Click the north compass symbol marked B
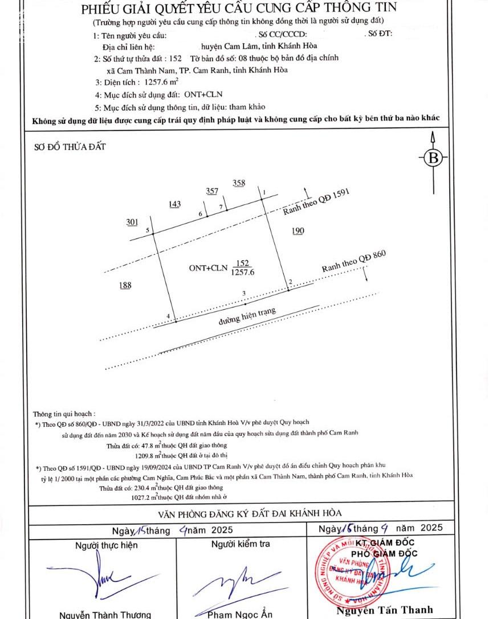433,158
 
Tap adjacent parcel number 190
298,230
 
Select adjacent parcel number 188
125,285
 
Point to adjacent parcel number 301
132,222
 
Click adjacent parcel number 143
174,204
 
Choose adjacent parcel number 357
211,191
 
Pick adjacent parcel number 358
239,183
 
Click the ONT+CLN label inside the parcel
208,267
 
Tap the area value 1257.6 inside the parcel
243,273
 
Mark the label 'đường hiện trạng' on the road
247,317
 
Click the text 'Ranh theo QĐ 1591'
315,201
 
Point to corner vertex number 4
169,315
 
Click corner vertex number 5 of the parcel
148,230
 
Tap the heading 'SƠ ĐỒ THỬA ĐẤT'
70,147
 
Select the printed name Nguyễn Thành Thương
105,614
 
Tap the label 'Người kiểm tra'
241,544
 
